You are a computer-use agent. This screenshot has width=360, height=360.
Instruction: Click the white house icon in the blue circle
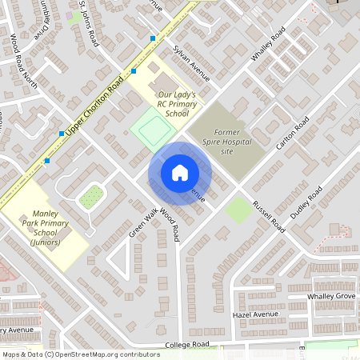[180, 173]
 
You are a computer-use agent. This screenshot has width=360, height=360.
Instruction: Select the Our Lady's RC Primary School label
[166, 104]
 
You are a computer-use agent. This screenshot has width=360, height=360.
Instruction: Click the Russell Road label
[268, 216]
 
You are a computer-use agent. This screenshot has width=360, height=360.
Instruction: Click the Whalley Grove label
[331, 296]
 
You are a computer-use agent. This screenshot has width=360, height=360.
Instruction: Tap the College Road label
[186, 345]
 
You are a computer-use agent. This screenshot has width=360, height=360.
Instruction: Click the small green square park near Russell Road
[237, 210]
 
